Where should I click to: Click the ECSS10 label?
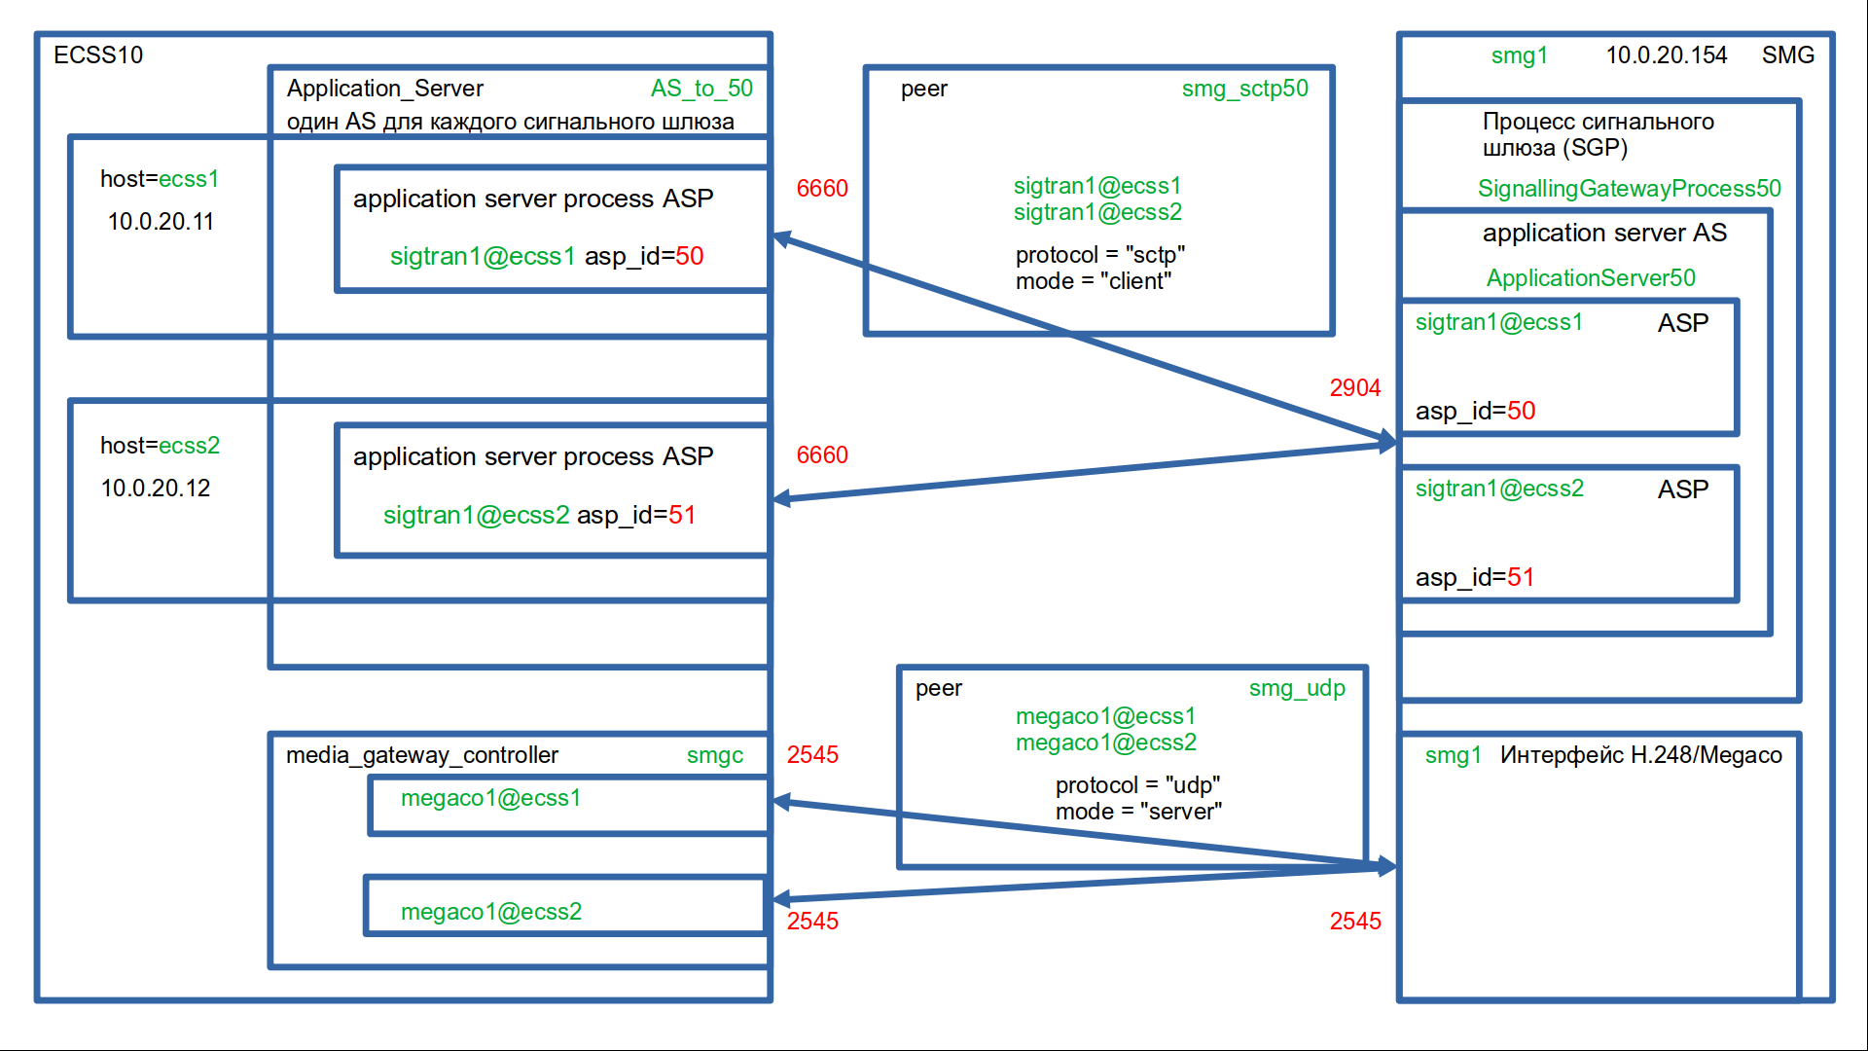pos(98,55)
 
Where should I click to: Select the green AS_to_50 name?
pos(701,89)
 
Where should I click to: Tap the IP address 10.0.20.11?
pos(161,222)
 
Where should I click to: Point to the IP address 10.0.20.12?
pos(156,489)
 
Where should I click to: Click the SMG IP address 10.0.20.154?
pos(1666,55)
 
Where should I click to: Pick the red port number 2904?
pos(1354,388)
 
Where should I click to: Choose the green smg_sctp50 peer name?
pos(1244,89)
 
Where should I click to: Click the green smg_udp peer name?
pos(1297,688)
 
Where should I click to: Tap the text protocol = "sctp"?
pos(1099,255)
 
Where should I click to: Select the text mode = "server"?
pos(1138,812)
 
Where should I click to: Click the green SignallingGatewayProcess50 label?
pos(1629,189)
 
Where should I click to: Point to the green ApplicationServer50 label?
pos(1590,278)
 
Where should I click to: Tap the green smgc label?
pos(714,755)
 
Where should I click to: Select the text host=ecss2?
pos(160,446)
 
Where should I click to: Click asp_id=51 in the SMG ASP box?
pos(1474,578)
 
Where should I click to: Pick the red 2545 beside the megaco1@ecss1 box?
pos(812,755)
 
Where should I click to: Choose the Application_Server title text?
pos(384,89)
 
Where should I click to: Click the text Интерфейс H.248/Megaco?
pos(1640,755)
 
